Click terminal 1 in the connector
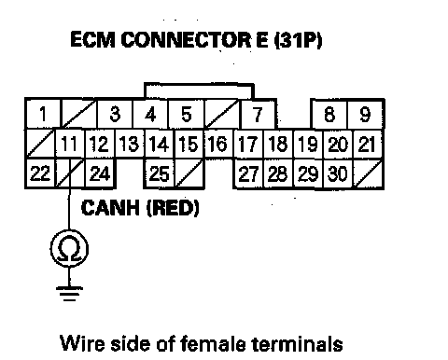[x=43, y=114]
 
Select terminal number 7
[x=259, y=114]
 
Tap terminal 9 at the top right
[x=365, y=114]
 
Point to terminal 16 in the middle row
[x=218, y=144]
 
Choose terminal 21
[x=368, y=144]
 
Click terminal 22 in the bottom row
[x=40, y=173]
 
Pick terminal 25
[x=160, y=173]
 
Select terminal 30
[x=338, y=173]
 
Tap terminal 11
[x=70, y=144]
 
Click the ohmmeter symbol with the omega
[x=69, y=249]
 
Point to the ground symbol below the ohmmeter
[x=69, y=294]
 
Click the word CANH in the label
[x=110, y=208]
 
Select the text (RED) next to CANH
[x=173, y=208]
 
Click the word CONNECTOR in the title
[x=186, y=40]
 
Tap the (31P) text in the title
[x=298, y=40]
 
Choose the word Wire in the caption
[x=82, y=343]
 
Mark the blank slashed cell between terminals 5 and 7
[x=222, y=114]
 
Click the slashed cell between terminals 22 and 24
[x=70, y=173]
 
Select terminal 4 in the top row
[x=150, y=114]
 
